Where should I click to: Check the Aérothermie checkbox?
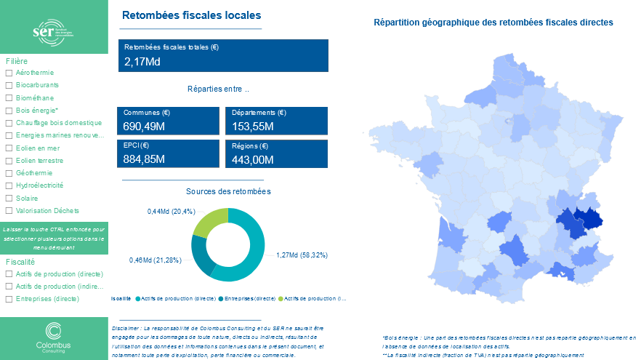[x=8, y=73]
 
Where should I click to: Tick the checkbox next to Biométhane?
[x=8, y=97]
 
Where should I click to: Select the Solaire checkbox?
[x=8, y=198]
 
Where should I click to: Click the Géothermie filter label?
[x=33, y=173]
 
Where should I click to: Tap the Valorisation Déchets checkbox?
[x=8, y=210]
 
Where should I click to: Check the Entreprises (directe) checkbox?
[x=8, y=299]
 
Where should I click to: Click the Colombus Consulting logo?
[x=54, y=337]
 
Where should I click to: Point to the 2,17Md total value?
[x=142, y=62]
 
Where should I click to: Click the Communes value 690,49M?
[x=145, y=127]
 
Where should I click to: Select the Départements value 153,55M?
[x=252, y=127]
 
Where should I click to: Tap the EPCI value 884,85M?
[x=145, y=159]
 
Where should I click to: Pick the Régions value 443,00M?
[x=252, y=159]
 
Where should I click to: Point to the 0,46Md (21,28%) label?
[x=155, y=260]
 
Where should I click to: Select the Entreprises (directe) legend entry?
[x=250, y=298]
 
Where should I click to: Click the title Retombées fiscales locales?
[x=191, y=15]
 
